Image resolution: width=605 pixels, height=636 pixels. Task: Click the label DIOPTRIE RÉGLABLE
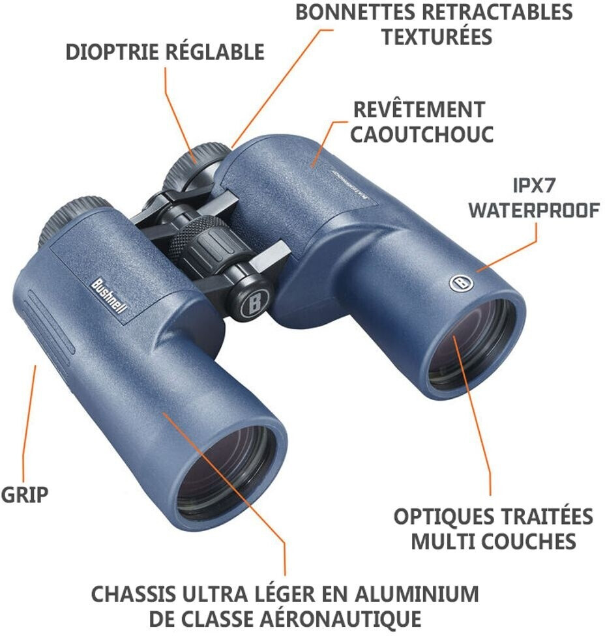tap(165, 52)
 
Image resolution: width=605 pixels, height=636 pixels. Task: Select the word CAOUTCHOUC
tap(421, 134)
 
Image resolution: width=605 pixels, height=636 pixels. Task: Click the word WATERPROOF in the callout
tap(533, 210)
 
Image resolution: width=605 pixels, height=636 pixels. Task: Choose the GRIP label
tap(25, 495)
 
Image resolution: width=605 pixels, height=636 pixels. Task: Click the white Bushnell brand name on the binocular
tap(108, 296)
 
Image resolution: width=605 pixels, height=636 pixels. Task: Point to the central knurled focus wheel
tap(199, 244)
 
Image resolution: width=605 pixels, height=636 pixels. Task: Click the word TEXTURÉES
tap(436, 36)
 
